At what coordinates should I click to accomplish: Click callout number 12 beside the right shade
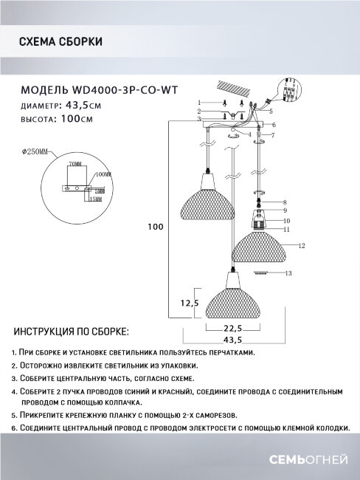coord(302,244)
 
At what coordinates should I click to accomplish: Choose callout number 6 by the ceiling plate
coord(272,126)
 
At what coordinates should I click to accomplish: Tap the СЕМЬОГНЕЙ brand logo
coord(315,461)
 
